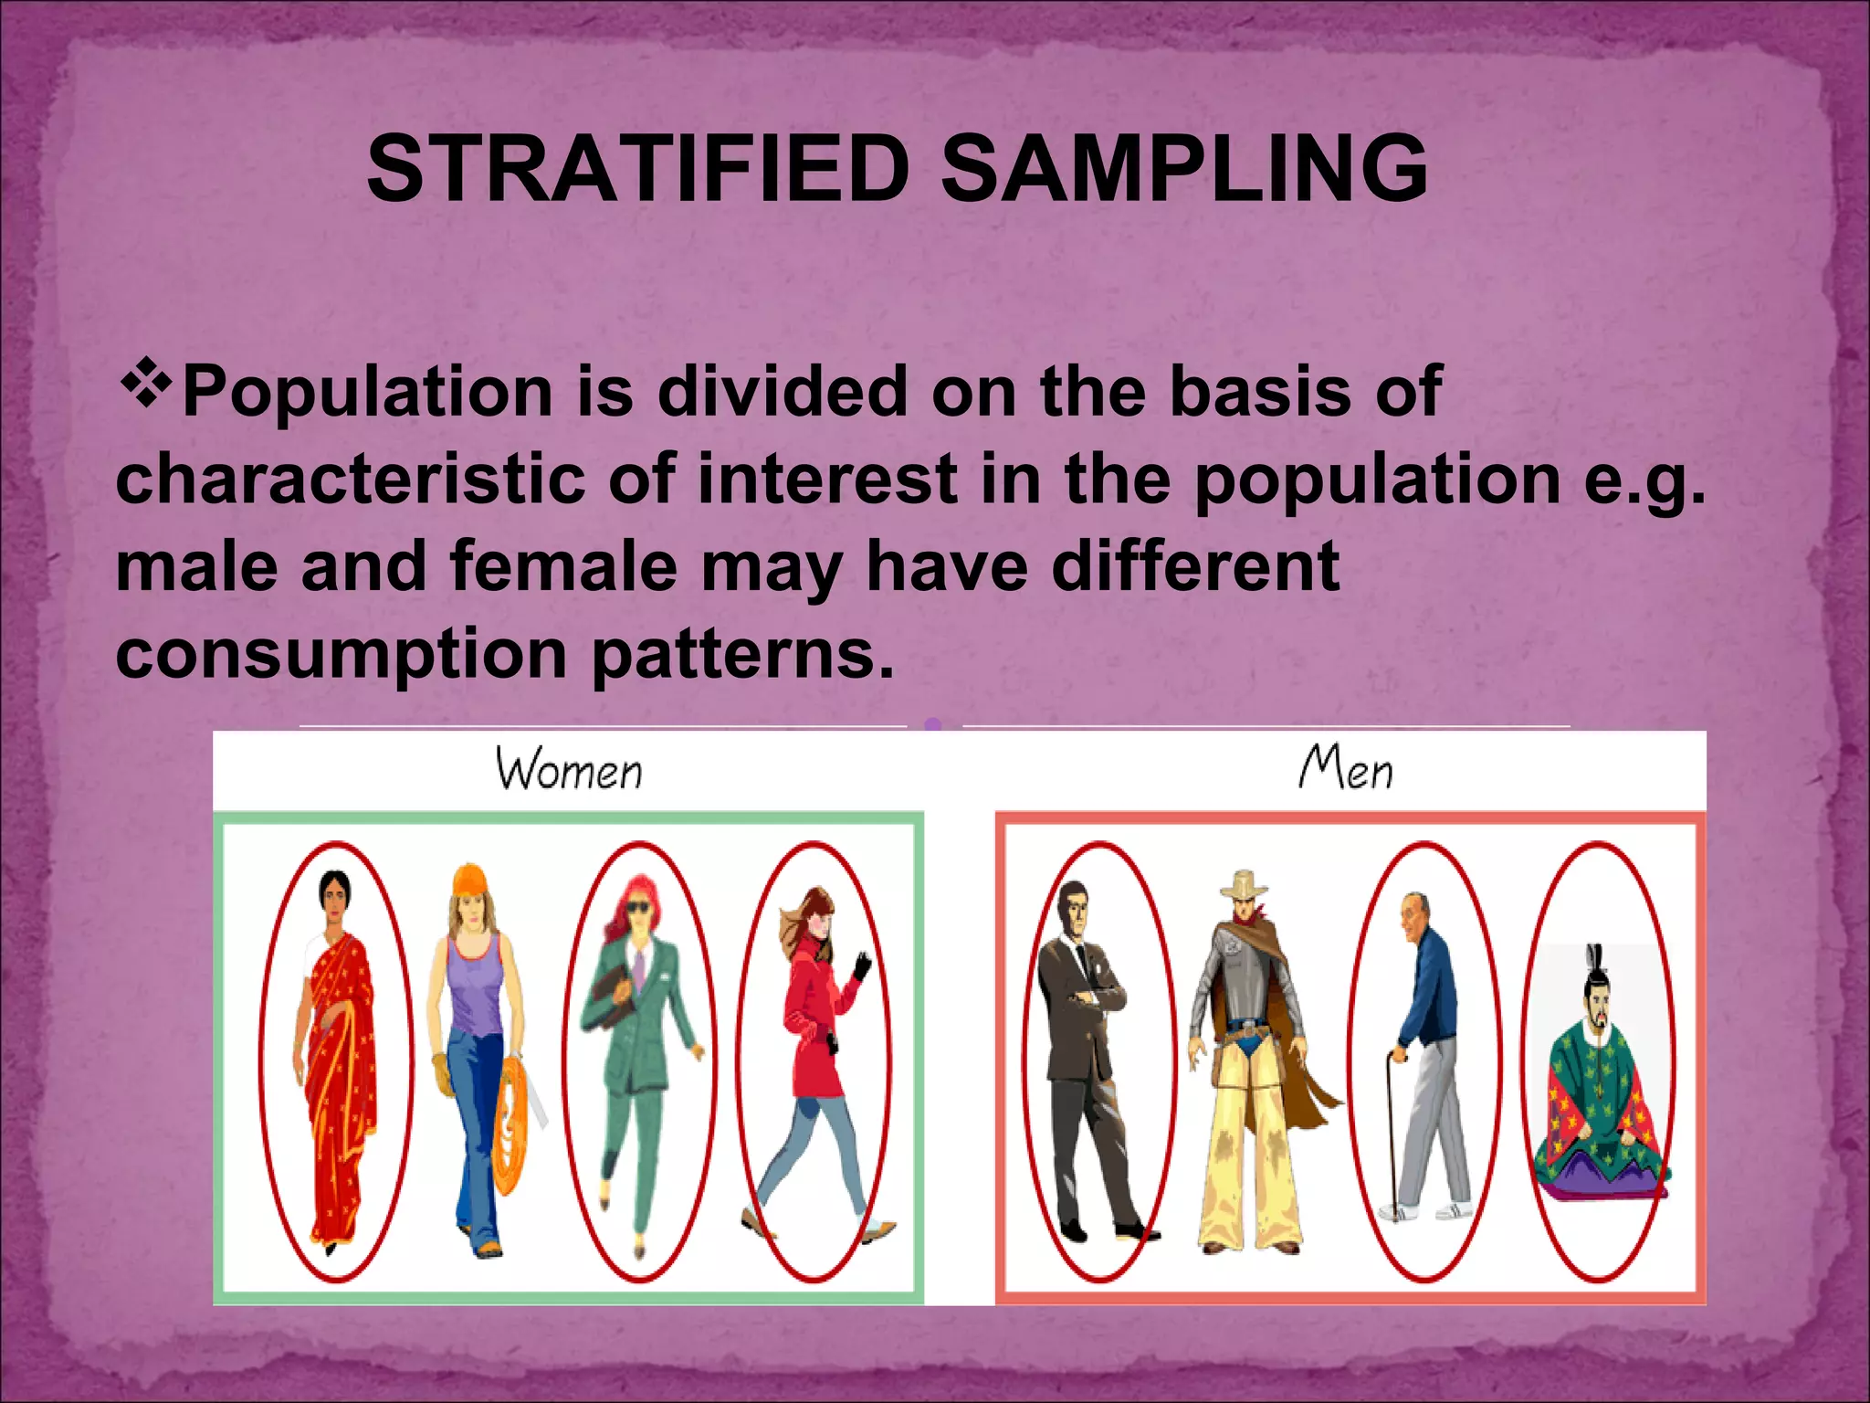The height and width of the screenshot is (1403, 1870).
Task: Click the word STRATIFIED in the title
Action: click(x=637, y=170)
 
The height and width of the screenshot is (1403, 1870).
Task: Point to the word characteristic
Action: click(x=351, y=479)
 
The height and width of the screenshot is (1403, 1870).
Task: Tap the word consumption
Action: click(x=341, y=654)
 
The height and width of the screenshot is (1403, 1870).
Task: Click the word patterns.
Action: click(x=742, y=654)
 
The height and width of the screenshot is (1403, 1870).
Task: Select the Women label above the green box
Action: click(x=569, y=769)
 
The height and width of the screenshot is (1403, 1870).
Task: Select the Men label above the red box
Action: click(x=1346, y=767)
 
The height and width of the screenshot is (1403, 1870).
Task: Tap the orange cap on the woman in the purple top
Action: click(x=469, y=879)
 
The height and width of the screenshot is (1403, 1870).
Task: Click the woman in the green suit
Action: click(x=639, y=1050)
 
